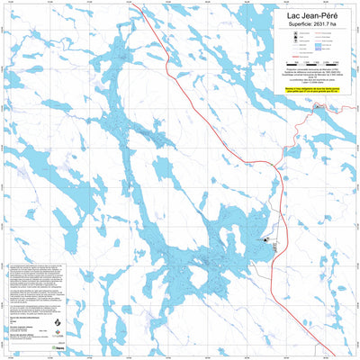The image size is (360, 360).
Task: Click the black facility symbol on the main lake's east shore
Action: coord(267,241)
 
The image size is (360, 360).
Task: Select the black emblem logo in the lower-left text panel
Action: coord(58,323)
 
